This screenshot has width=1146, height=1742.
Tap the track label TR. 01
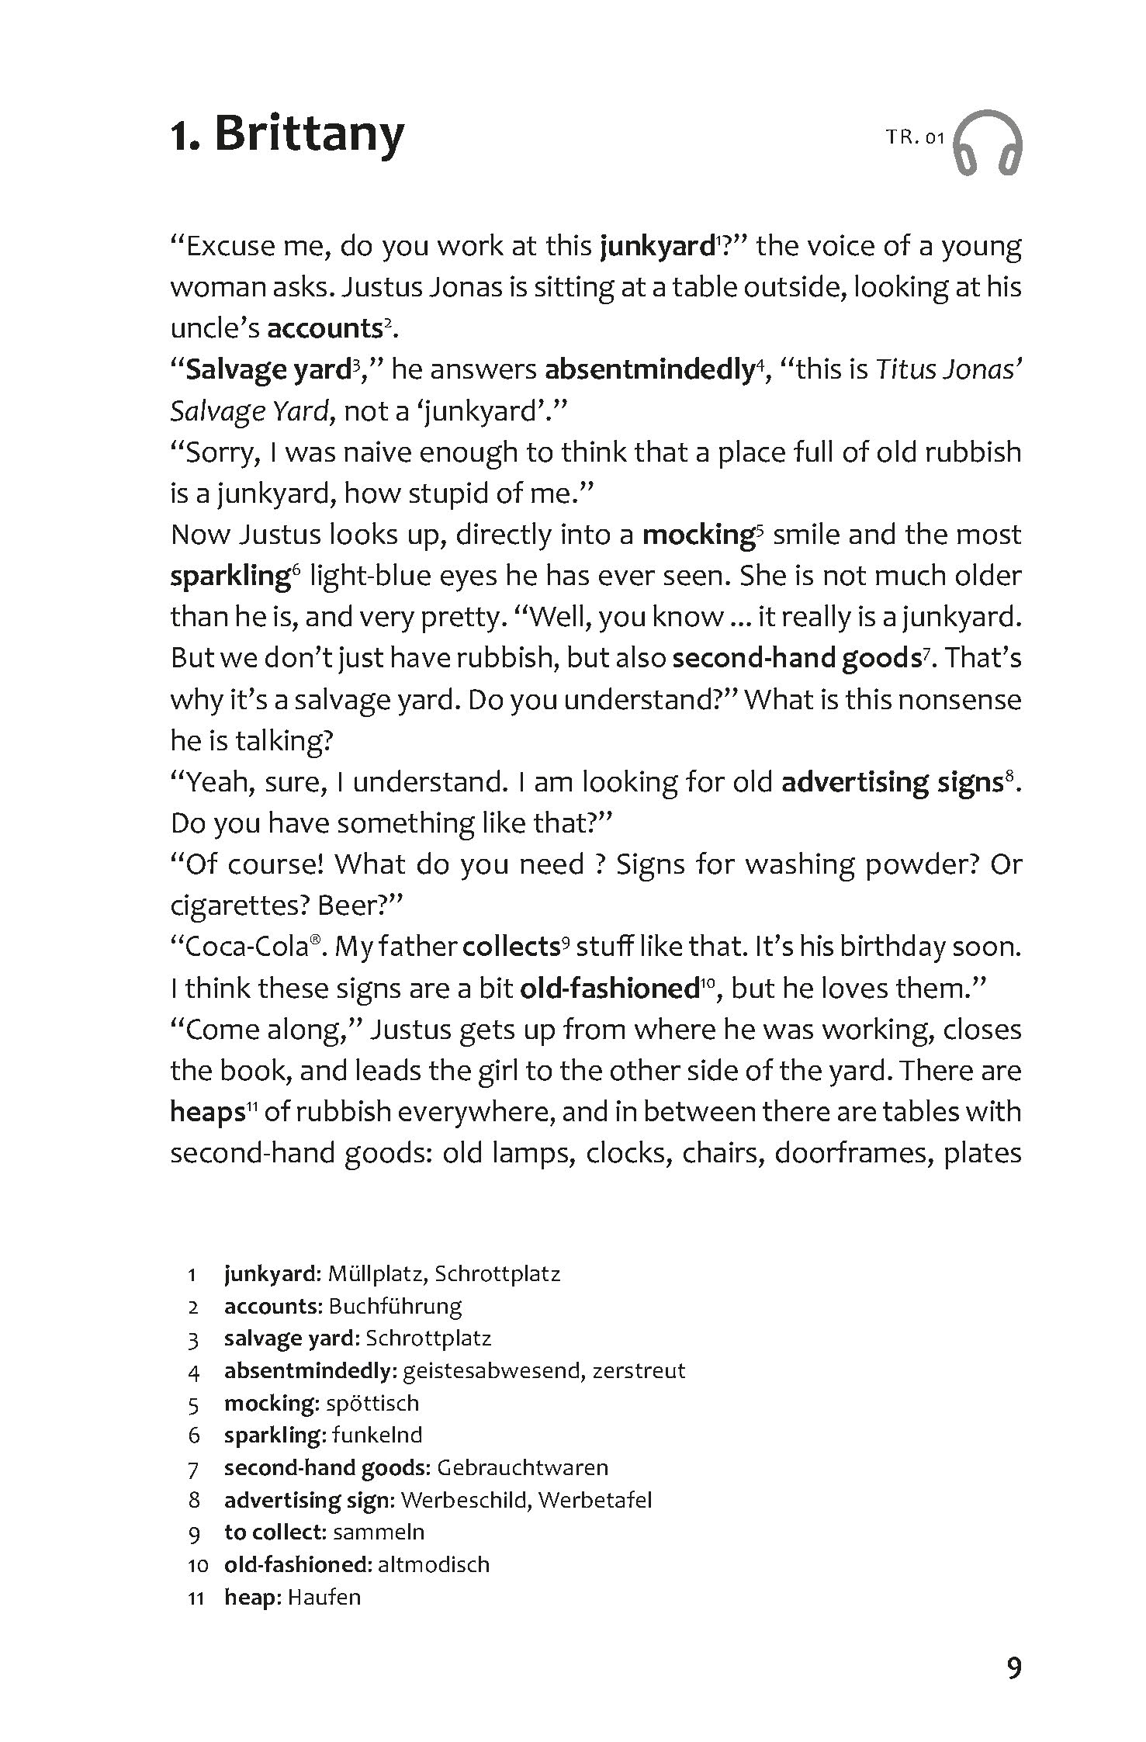[x=915, y=138]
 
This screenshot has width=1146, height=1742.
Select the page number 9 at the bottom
[x=1014, y=1668]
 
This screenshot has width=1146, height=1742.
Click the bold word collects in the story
[x=511, y=947]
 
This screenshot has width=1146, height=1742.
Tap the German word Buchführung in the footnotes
[x=395, y=1306]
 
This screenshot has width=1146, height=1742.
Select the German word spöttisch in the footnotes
[x=372, y=1403]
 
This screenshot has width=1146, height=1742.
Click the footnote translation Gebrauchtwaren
[x=522, y=1467]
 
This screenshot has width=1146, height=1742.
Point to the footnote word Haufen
[x=324, y=1597]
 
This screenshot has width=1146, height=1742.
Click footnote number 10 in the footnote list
[x=198, y=1564]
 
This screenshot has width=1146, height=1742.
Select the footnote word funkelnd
[x=377, y=1435]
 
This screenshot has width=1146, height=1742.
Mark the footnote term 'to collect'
[x=272, y=1532]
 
